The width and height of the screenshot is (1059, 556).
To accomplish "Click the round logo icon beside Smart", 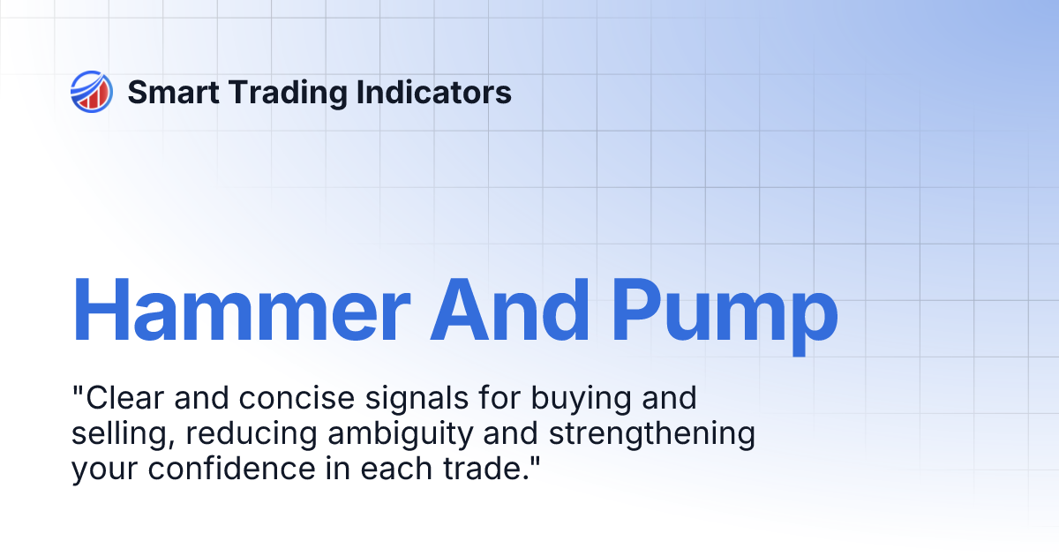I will click(x=92, y=92).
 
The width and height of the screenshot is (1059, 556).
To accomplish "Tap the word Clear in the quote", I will click(x=122, y=399).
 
